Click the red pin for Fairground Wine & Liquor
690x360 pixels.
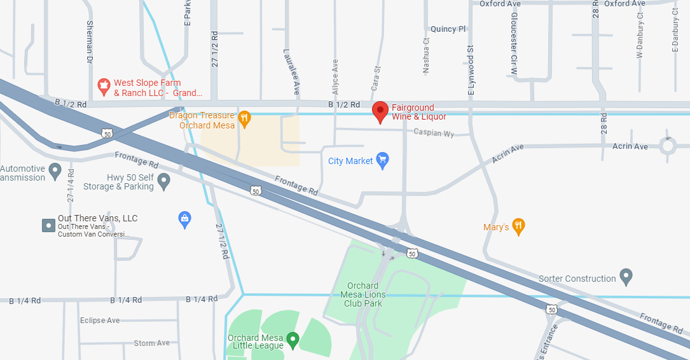coord(380,112)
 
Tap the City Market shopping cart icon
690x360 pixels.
coord(382,161)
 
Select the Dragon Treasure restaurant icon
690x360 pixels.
coord(244,118)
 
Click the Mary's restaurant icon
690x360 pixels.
coord(519,226)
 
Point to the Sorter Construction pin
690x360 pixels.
coord(626,277)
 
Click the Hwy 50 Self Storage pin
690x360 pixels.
coord(164,182)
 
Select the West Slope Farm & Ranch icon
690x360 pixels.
coord(103,86)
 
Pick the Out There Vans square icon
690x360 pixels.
coord(48,225)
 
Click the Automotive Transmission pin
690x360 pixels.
coord(55,171)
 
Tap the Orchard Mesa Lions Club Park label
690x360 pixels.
coord(363,294)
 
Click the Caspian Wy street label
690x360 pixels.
coord(434,133)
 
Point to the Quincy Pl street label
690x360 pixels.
coord(448,29)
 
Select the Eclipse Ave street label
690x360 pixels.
coord(100,321)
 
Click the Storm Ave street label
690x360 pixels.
coord(152,343)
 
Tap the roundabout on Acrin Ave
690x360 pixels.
coord(668,146)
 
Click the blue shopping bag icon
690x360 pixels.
coord(184,220)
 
